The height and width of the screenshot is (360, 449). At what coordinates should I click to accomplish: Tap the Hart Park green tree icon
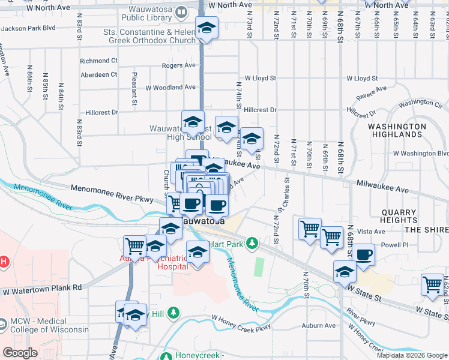tap(253, 243)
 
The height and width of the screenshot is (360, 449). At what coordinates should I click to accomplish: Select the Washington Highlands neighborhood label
tap(397, 130)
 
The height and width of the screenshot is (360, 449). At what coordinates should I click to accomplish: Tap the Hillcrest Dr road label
tap(260, 110)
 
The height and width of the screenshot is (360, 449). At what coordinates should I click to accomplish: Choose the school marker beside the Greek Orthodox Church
tap(206, 28)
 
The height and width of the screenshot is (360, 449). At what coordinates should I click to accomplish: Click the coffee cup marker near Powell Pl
tap(364, 254)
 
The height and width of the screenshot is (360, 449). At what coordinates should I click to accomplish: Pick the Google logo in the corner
tap(20, 353)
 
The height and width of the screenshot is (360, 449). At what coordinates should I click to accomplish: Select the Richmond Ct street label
tap(98, 61)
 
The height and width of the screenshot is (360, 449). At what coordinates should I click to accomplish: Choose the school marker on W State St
tap(344, 271)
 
